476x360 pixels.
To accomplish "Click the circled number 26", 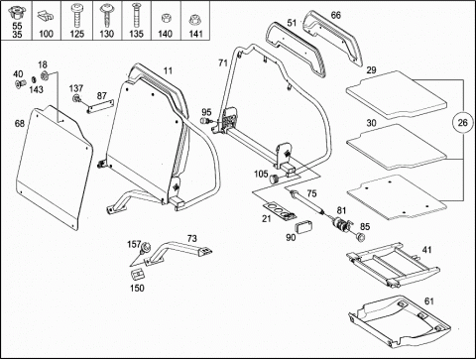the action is [462, 123].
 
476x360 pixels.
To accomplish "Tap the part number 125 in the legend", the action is [76, 34].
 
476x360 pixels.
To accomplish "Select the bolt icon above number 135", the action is [136, 15].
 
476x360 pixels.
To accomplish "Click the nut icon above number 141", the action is [195, 20].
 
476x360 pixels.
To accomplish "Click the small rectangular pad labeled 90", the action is [303, 227].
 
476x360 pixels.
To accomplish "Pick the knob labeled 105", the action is [275, 179].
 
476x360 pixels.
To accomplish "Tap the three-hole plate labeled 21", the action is [279, 211].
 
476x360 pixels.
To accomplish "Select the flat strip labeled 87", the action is [100, 106].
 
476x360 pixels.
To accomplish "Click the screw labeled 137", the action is [77, 98].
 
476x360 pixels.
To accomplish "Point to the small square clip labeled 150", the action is [138, 275].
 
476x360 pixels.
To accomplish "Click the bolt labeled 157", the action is [145, 248].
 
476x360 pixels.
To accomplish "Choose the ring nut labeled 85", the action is [360, 237].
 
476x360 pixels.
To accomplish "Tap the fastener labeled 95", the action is [206, 121].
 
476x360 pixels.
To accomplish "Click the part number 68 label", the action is [20, 123].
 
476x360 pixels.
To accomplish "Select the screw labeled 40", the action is [20, 84].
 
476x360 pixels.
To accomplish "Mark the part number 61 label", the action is [428, 301].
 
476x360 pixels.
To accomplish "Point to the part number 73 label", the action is [191, 238].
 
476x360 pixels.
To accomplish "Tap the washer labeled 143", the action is [34, 79].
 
